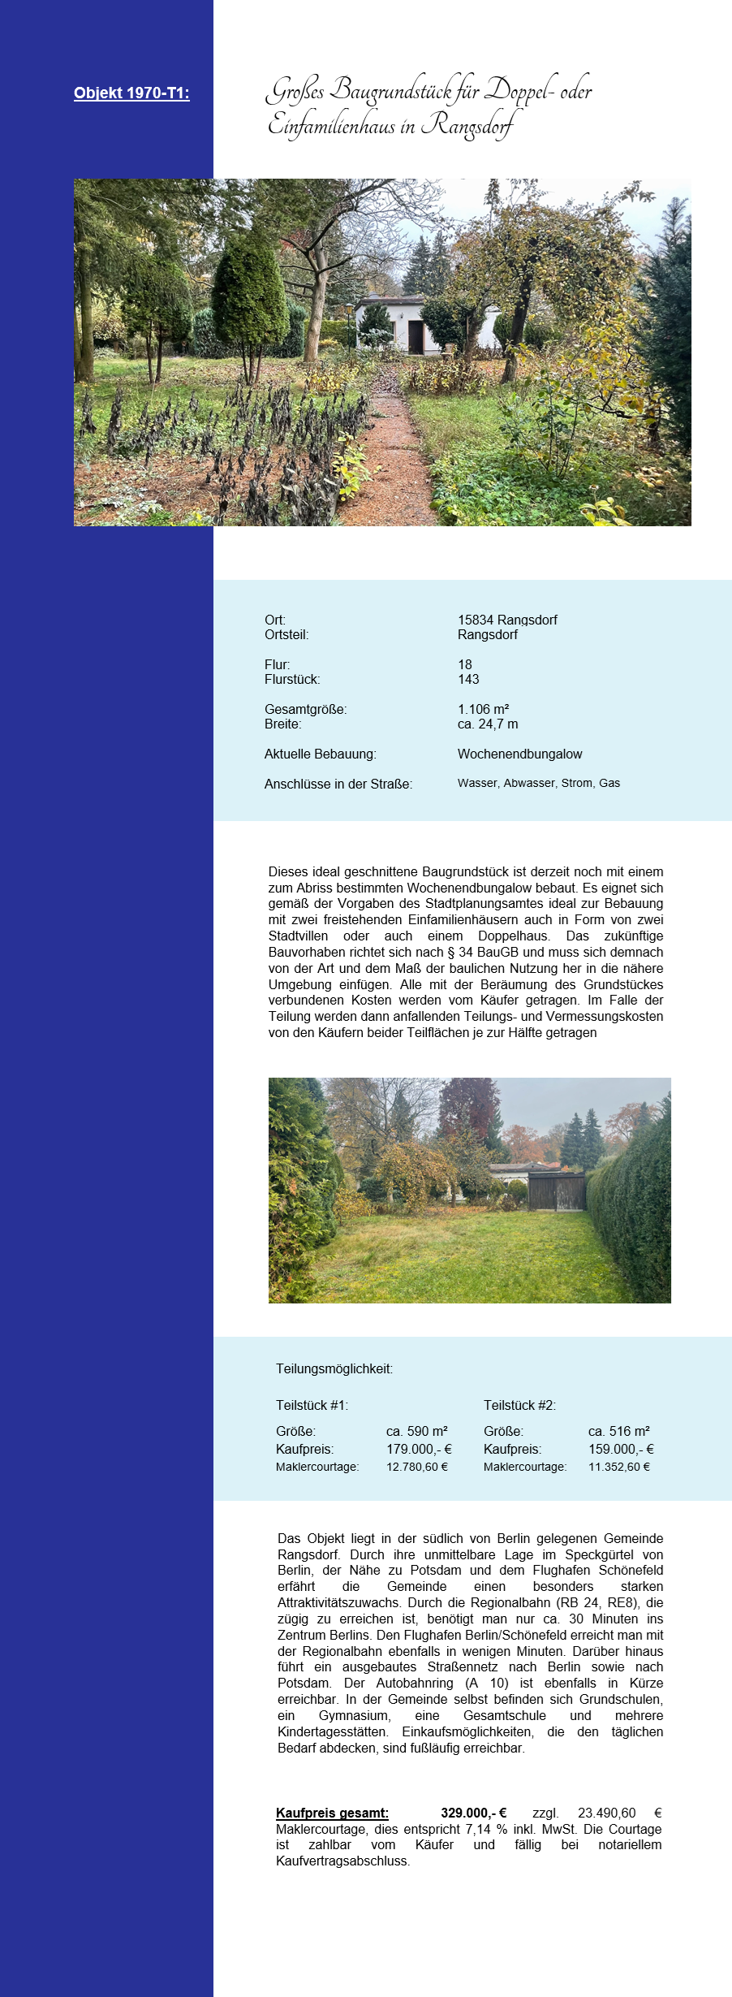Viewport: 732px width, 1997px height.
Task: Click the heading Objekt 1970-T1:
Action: coord(131,93)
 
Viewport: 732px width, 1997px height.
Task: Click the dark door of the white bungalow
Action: coord(416,336)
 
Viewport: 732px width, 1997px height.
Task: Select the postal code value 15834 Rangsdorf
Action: coord(507,620)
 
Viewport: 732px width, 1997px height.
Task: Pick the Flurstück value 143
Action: coord(468,679)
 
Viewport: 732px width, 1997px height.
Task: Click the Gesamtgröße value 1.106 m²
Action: coord(484,709)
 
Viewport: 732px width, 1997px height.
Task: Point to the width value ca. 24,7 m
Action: coord(488,724)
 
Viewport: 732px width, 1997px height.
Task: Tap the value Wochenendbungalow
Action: coord(519,754)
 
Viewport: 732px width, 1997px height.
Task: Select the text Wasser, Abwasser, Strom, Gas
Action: coord(539,783)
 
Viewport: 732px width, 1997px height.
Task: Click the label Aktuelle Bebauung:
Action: coord(321,754)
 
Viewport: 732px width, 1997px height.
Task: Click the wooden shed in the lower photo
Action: coord(557,1191)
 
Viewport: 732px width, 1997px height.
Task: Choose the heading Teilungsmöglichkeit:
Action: coord(334,1368)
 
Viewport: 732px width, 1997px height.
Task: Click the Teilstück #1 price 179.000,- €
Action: coord(419,1449)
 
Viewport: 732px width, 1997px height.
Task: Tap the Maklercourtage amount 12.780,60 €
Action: coord(417,1467)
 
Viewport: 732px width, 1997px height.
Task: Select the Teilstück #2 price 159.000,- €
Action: coord(621,1449)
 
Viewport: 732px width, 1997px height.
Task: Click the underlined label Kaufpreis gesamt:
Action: coord(332,1813)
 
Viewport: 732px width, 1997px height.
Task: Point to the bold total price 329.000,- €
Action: coord(473,1813)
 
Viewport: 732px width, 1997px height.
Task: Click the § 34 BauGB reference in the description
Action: coord(487,952)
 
